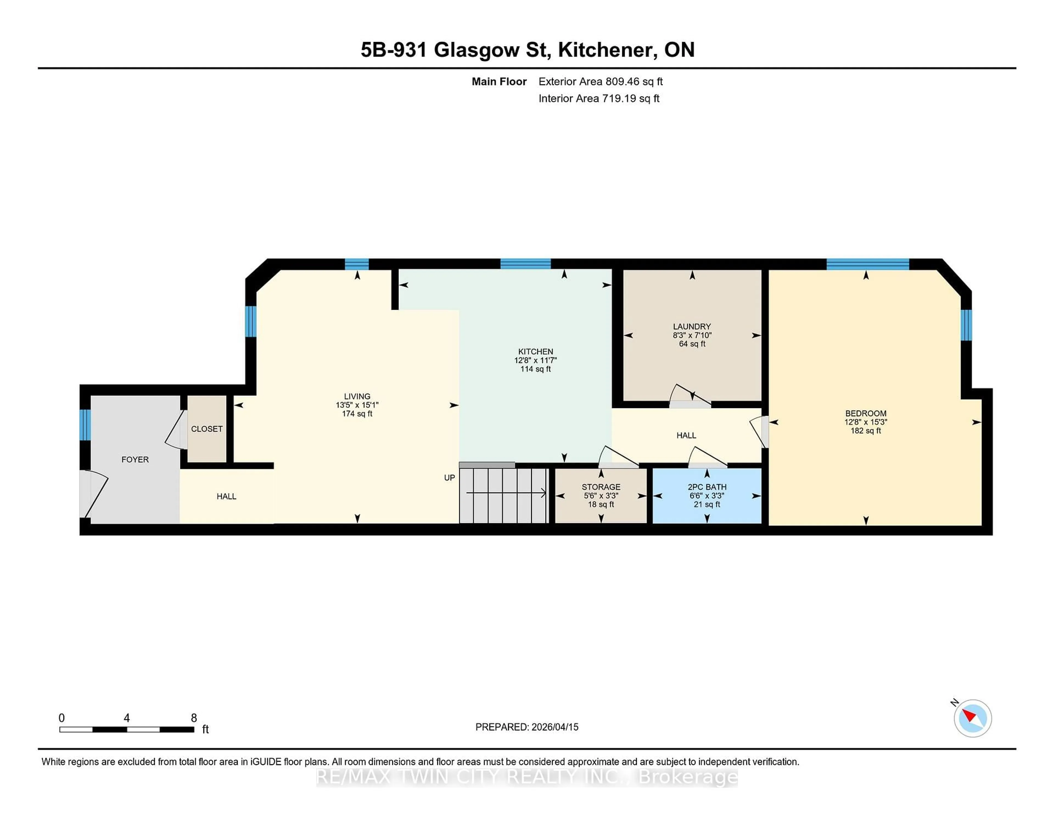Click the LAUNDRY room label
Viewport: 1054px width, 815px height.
pos(692,326)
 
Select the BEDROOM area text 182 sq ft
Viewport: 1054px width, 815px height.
pos(865,431)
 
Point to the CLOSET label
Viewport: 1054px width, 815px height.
pos(207,429)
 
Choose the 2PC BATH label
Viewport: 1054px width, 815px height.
pos(707,487)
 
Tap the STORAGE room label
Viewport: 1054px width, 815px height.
pos(601,487)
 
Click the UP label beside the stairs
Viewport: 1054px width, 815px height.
pos(449,478)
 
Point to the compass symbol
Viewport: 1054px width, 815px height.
pos(972,718)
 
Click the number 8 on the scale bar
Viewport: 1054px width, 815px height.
pos(194,718)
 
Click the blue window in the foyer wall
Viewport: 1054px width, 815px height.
pos(85,425)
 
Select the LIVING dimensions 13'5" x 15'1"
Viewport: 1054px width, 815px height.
pos(357,405)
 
